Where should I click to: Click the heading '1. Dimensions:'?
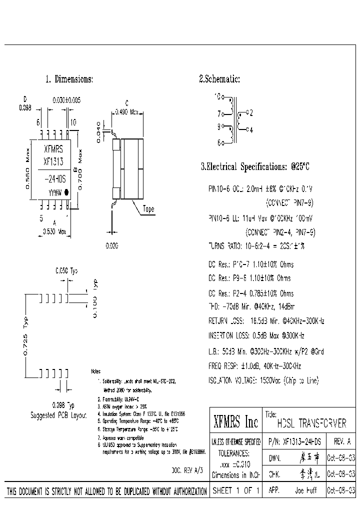[x=69, y=79]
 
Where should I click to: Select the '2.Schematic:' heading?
[x=219, y=79]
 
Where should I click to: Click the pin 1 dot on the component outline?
[x=66, y=191]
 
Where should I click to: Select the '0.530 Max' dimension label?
[x=53, y=231]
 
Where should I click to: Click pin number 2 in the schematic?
[x=251, y=112]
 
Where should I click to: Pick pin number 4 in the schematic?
[x=251, y=129]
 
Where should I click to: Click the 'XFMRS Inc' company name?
[x=235, y=422]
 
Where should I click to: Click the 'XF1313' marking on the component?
[x=53, y=162]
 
